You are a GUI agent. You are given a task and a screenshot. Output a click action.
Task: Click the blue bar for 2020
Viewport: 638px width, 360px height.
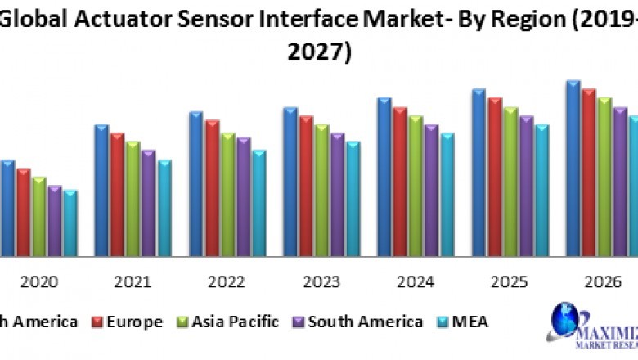click(7, 209)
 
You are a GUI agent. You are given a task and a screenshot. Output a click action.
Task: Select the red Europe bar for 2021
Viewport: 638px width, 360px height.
click(117, 195)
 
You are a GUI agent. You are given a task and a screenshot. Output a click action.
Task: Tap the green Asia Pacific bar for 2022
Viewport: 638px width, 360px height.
click(227, 195)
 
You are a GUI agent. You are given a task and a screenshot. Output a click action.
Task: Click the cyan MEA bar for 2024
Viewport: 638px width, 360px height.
click(447, 195)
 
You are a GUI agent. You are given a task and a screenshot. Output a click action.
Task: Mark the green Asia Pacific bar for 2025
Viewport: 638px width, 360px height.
click(510, 182)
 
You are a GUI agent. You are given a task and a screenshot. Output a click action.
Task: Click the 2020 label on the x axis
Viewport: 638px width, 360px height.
click(38, 282)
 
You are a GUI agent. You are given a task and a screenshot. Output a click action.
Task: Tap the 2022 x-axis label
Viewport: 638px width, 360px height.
click(227, 282)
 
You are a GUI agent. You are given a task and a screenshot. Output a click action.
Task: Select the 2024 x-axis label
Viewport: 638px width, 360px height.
click(415, 282)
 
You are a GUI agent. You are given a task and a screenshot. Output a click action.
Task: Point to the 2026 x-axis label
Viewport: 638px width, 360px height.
click(603, 282)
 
